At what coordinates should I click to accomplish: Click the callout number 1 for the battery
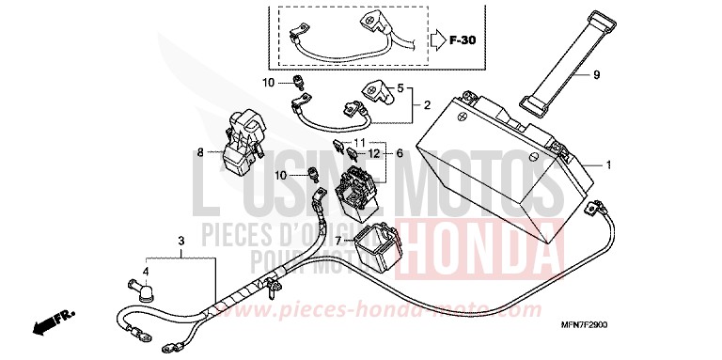click(x=608, y=165)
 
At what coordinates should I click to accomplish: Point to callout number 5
click(x=400, y=87)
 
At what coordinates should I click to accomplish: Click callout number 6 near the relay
click(x=400, y=152)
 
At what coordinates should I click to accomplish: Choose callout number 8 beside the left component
click(x=199, y=150)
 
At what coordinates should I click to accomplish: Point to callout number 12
click(x=373, y=152)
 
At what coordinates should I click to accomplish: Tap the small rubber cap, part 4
click(x=138, y=292)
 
